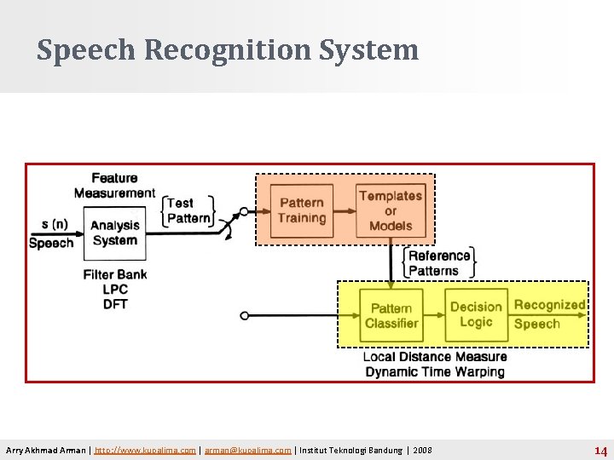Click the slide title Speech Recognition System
(228, 50)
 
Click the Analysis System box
(115, 233)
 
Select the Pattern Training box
(301, 210)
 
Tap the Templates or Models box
(391, 210)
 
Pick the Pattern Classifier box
(391, 315)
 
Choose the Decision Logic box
(476, 314)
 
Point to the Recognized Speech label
(549, 314)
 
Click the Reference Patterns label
(439, 263)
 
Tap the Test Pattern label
(188, 210)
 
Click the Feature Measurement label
(114, 186)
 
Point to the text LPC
(114, 290)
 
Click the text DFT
(114, 304)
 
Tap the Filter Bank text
(115, 274)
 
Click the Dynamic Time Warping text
(435, 371)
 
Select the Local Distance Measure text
(435, 356)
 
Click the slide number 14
(600, 451)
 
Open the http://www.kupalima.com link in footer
(146, 450)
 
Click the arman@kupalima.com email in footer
(247, 450)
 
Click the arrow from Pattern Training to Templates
(344, 210)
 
